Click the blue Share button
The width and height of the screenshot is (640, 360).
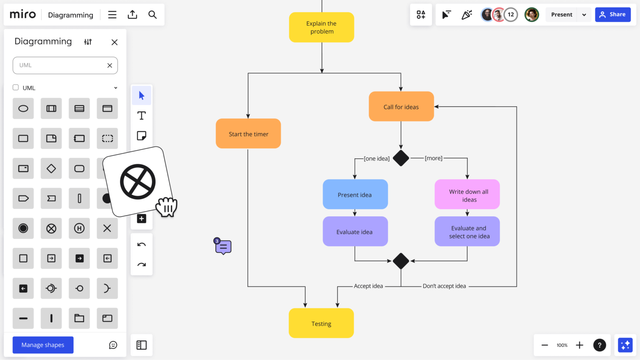pyautogui.click(x=612, y=15)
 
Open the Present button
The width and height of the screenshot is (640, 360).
pyautogui.click(x=561, y=15)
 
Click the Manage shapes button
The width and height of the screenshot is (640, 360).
pyautogui.click(x=43, y=345)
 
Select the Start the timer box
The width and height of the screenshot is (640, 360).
pyautogui.click(x=248, y=134)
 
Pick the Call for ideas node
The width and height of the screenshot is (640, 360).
pyautogui.click(x=401, y=107)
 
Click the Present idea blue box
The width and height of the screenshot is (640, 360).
pyautogui.click(x=355, y=195)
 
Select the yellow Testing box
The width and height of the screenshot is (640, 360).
pyautogui.click(x=321, y=323)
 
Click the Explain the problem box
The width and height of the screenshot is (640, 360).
pyautogui.click(x=321, y=27)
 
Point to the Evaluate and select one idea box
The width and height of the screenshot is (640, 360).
pyautogui.click(x=467, y=232)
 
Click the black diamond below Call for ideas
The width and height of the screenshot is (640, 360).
pyautogui.click(x=401, y=158)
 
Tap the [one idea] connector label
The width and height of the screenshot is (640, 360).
pyautogui.click(x=377, y=159)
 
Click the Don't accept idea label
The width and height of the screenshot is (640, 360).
pyautogui.click(x=444, y=286)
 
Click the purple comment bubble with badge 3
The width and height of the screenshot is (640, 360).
pyautogui.click(x=223, y=247)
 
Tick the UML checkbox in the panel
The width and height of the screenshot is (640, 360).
pyautogui.click(x=16, y=87)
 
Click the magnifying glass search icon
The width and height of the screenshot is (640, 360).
pyautogui.click(x=152, y=15)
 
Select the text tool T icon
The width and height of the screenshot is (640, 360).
pyautogui.click(x=142, y=116)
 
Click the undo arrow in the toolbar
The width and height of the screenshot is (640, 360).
pyautogui.click(x=142, y=245)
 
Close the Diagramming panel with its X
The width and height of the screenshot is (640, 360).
pyautogui.click(x=115, y=42)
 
